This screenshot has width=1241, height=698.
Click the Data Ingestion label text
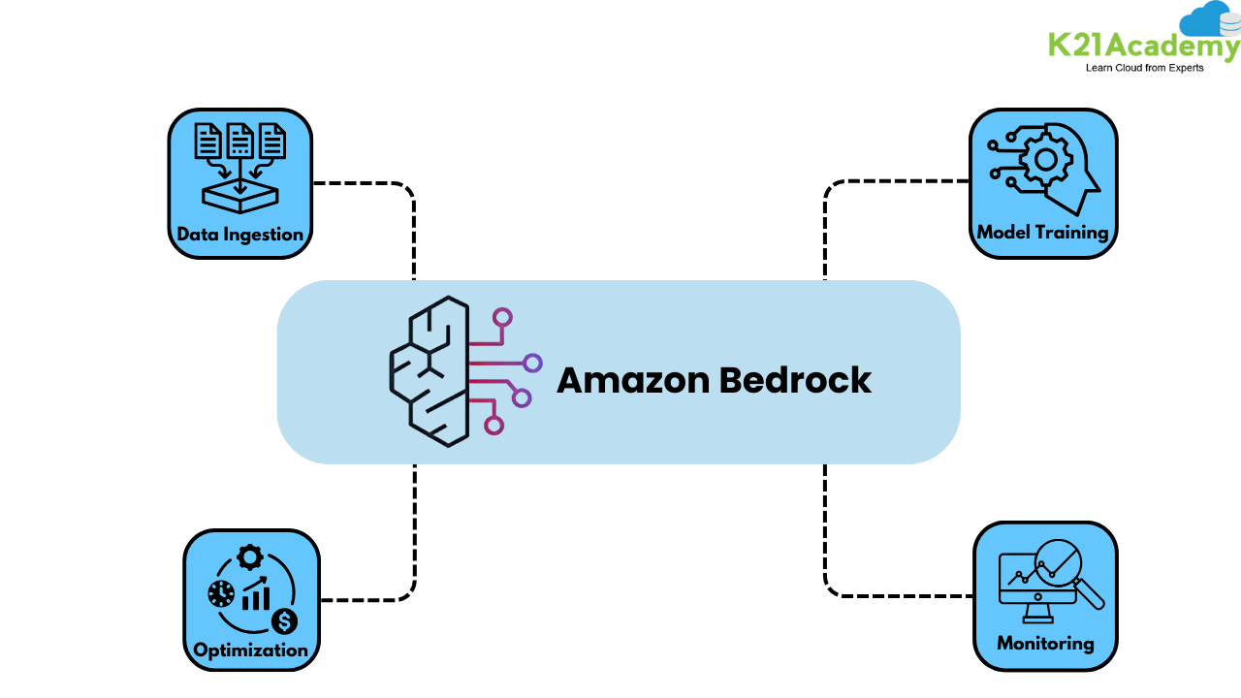239,235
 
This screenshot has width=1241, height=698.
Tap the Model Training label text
1042,233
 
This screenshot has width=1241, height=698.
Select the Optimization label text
250,650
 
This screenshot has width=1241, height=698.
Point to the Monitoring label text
1045,643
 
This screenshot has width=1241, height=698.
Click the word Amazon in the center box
633,380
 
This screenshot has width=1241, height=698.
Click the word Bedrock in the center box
794,380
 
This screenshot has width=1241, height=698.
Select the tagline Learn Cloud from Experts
1144,68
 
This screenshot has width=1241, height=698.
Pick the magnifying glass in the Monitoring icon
1063,566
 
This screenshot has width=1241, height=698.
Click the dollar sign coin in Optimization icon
284,620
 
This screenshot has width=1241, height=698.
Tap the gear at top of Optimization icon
250,556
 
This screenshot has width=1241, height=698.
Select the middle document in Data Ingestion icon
240,142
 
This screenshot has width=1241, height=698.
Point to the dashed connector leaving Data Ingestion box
359,182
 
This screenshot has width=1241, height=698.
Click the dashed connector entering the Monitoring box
902,595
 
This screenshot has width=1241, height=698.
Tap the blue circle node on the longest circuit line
532,363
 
